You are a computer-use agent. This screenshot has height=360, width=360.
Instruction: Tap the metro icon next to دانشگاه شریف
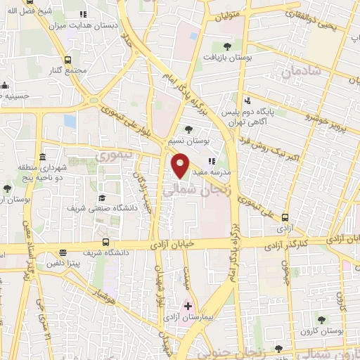pyautogui.click(x=63, y=252)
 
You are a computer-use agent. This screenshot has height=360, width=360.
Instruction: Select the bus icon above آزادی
pyautogui.click(x=285, y=217)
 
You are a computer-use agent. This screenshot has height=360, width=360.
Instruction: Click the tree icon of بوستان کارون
pyautogui.click(x=321, y=320)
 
